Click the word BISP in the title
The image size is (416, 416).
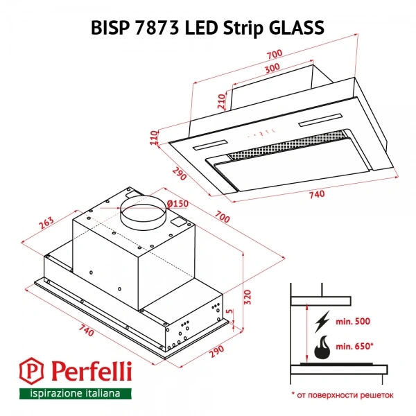pyautogui.click(x=114, y=27)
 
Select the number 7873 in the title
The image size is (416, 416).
pyautogui.click(x=160, y=27)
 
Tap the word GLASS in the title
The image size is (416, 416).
pyautogui.click(x=296, y=27)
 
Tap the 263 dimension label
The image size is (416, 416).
pyautogui.click(x=46, y=223)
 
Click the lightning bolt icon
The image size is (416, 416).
pyautogui.click(x=321, y=322)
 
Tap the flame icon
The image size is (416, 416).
pyautogui.click(x=322, y=348)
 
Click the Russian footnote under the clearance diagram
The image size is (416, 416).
pyautogui.click(x=341, y=394)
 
